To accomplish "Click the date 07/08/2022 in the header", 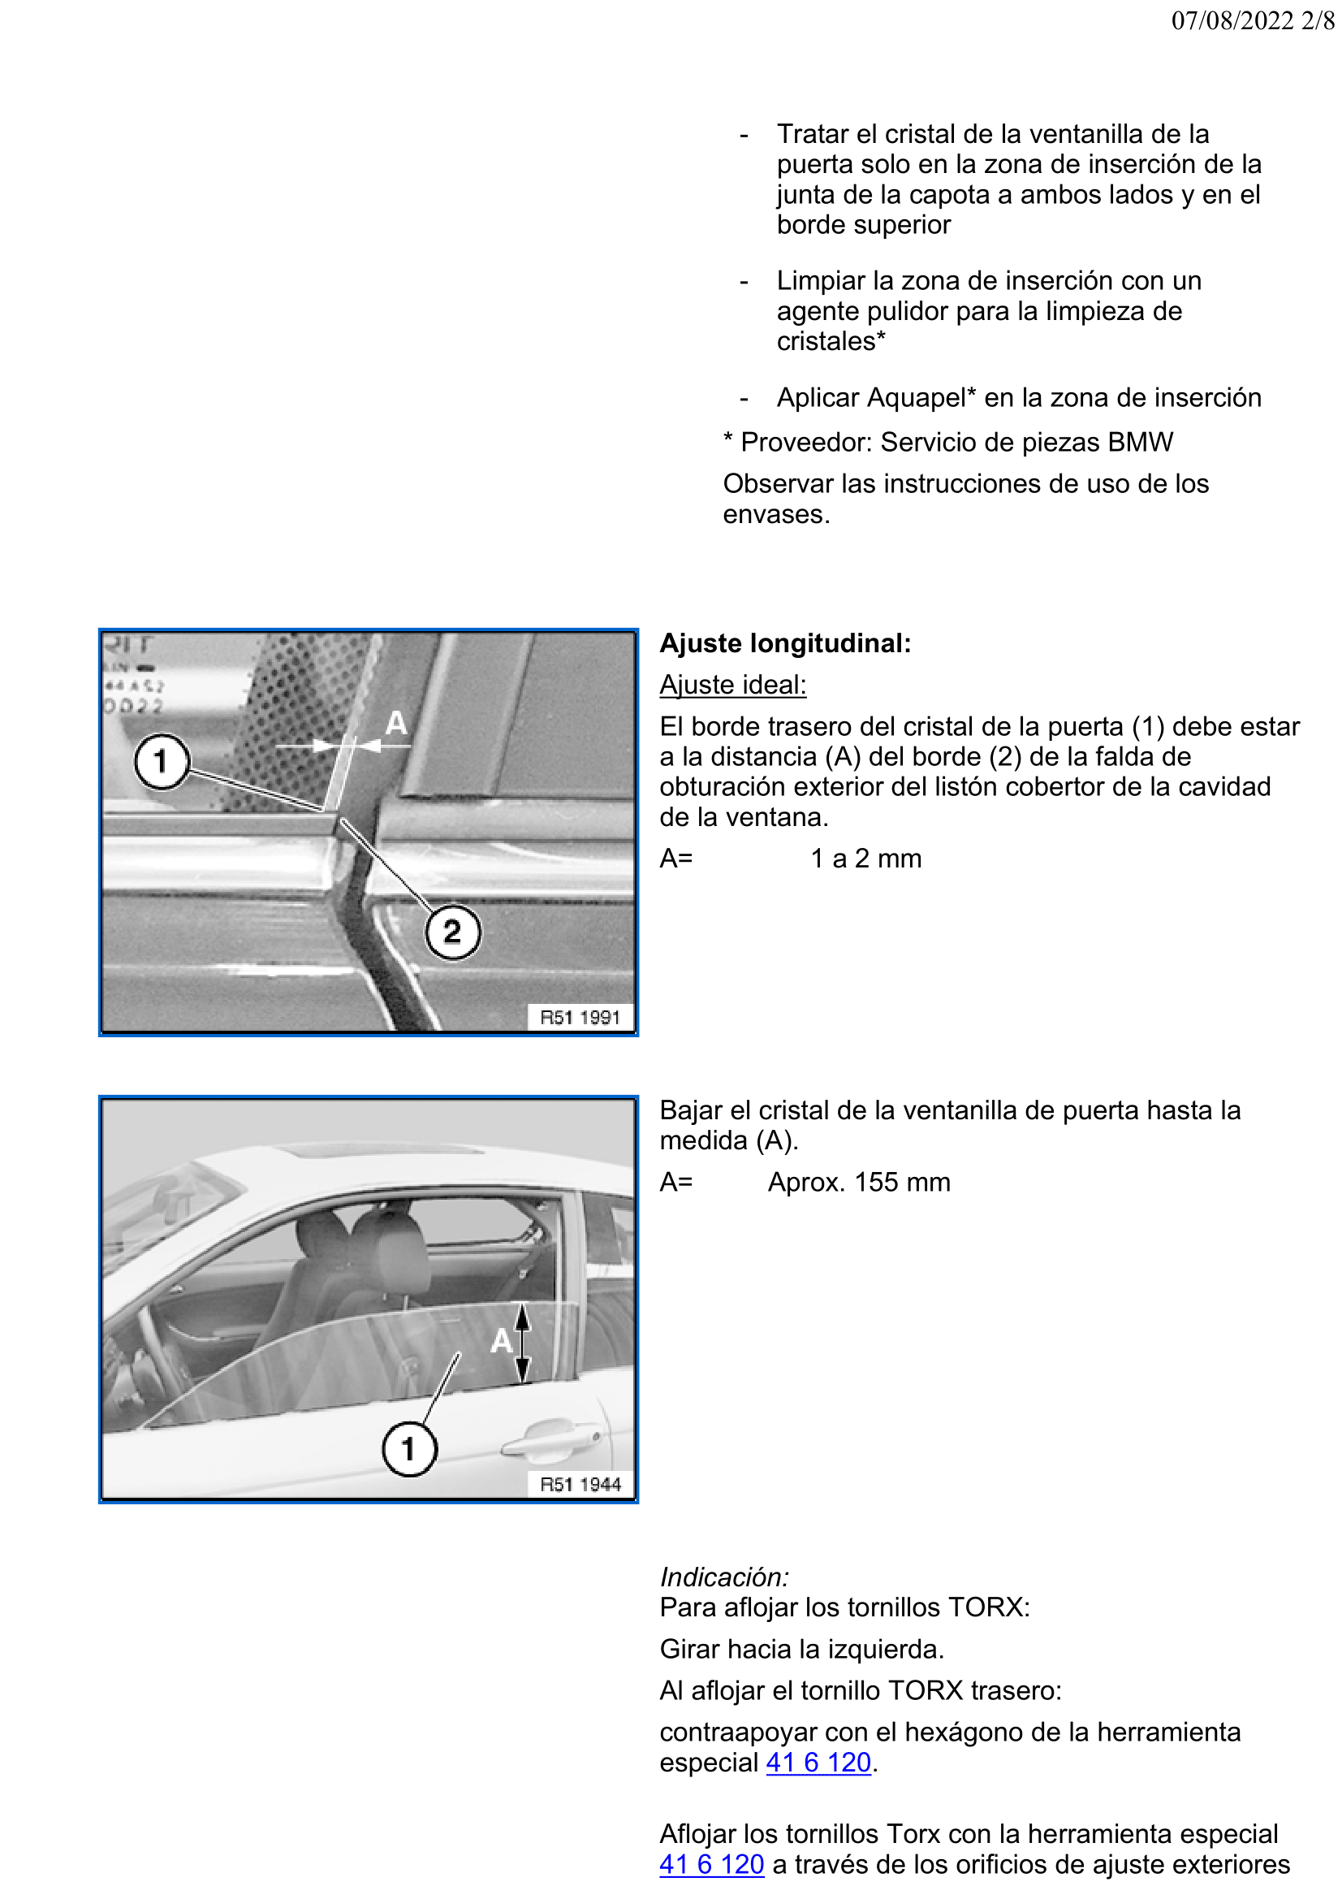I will [1232, 20].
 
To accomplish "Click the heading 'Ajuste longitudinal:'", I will [785, 643].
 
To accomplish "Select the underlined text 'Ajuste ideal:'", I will [732, 685].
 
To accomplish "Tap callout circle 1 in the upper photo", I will [162, 762].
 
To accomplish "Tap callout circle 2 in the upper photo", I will [452, 932].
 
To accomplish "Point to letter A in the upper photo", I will [396, 724].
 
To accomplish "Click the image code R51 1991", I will [580, 1017].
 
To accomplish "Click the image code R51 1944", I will [580, 1485].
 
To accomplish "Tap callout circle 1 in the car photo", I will [408, 1449].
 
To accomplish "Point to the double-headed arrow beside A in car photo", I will [522, 1344].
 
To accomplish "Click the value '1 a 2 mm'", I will [865, 859].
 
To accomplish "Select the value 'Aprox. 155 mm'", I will [858, 1182].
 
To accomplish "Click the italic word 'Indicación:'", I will [723, 1577].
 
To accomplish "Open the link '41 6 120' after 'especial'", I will [818, 1763].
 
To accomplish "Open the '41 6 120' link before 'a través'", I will [711, 1865].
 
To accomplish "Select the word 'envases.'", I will [775, 514].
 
